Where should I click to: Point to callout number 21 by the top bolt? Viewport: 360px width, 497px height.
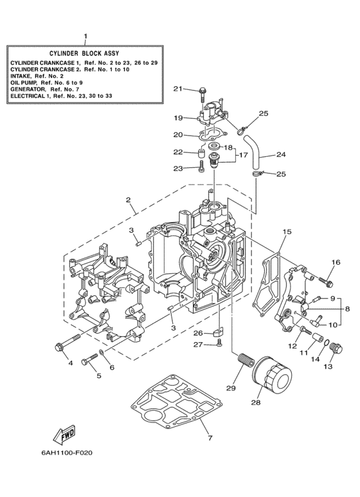click(x=177, y=88)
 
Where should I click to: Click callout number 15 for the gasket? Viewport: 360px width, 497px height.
click(x=287, y=232)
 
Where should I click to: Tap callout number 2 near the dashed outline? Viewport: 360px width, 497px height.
click(x=129, y=200)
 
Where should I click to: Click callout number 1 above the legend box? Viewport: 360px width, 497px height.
click(x=86, y=37)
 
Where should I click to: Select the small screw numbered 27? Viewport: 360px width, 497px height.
click(x=219, y=345)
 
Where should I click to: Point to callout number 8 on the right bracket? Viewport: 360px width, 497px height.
click(x=347, y=309)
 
